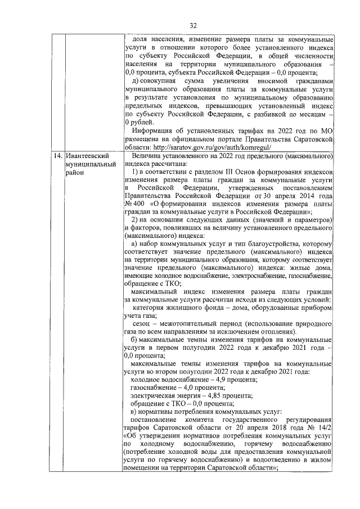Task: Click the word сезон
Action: (144, 325)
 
